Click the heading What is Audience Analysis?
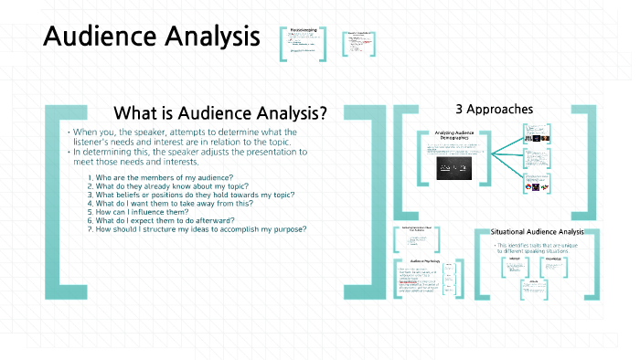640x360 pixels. pos(219,113)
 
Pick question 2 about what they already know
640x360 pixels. pos(174,185)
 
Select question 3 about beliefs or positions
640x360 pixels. pos(195,195)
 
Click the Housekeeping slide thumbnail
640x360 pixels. pos(303,43)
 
